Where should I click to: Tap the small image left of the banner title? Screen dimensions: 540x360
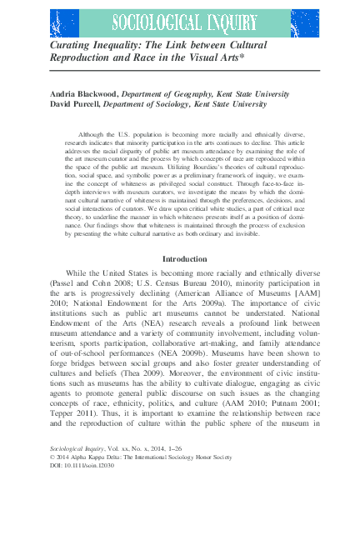pyautogui.click(x=65, y=22)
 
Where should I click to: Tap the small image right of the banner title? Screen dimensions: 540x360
pyautogui.click(x=303, y=22)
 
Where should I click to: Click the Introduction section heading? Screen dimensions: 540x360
pyautogui.click(x=184, y=259)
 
